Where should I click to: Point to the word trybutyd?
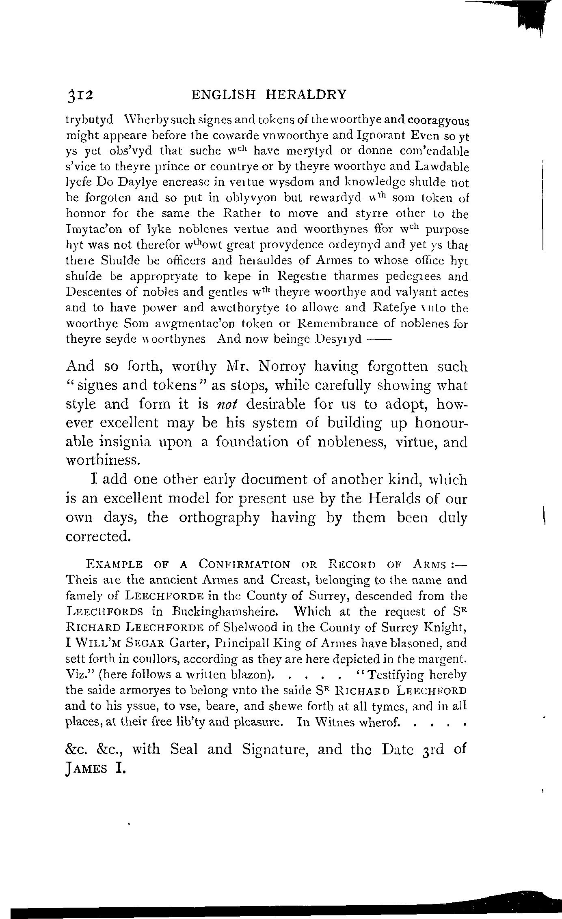89,121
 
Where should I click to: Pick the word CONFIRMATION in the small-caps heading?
244,564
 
